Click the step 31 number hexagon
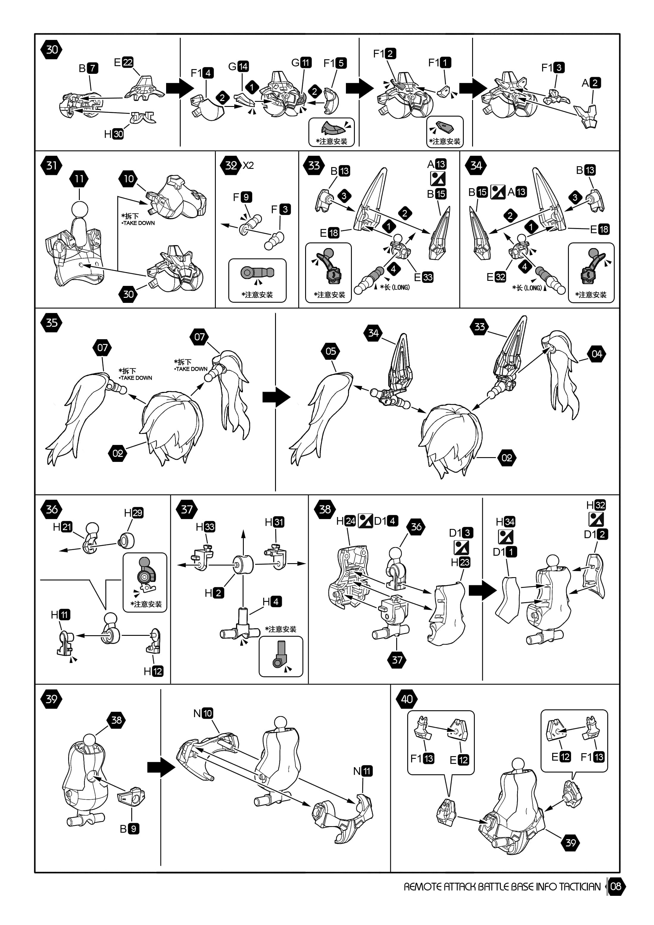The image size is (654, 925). tap(51, 165)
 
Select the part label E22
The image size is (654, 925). tap(124, 62)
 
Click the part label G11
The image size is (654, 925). tap(301, 63)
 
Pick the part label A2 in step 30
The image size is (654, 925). tap(591, 82)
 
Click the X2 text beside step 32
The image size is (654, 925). tap(249, 165)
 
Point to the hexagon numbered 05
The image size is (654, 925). tap(331, 351)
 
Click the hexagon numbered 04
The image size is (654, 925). tap(597, 354)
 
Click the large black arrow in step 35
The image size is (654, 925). tap(276, 397)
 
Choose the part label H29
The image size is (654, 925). tap(134, 513)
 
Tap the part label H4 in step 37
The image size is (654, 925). tap(272, 602)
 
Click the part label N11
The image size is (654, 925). tap(363, 771)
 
